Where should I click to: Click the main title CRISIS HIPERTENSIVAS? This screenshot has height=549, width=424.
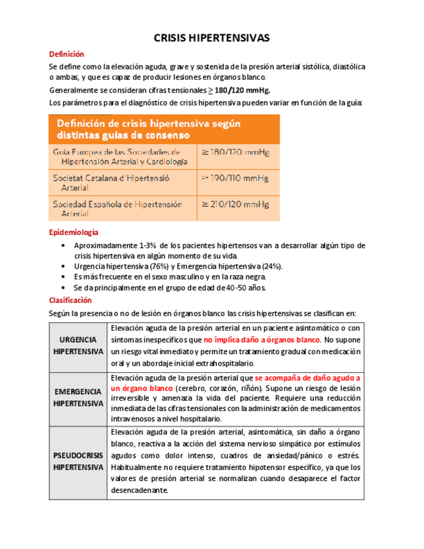coord(212,38)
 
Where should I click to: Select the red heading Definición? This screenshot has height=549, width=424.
coord(67,54)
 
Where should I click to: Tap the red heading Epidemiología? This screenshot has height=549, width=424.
coord(74,232)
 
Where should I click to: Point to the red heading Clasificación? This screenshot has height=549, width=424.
coord(71,300)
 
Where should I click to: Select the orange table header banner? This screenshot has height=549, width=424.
coord(164,129)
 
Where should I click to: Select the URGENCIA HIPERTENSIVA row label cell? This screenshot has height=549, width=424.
coord(78,346)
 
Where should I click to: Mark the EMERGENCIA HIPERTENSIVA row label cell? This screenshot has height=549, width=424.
coord(78,398)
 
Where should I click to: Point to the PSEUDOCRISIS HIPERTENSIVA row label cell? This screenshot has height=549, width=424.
coord(78,462)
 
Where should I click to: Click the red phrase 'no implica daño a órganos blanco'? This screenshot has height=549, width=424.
coord(262,340)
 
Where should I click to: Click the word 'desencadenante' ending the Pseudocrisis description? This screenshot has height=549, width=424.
coord(139,490)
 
